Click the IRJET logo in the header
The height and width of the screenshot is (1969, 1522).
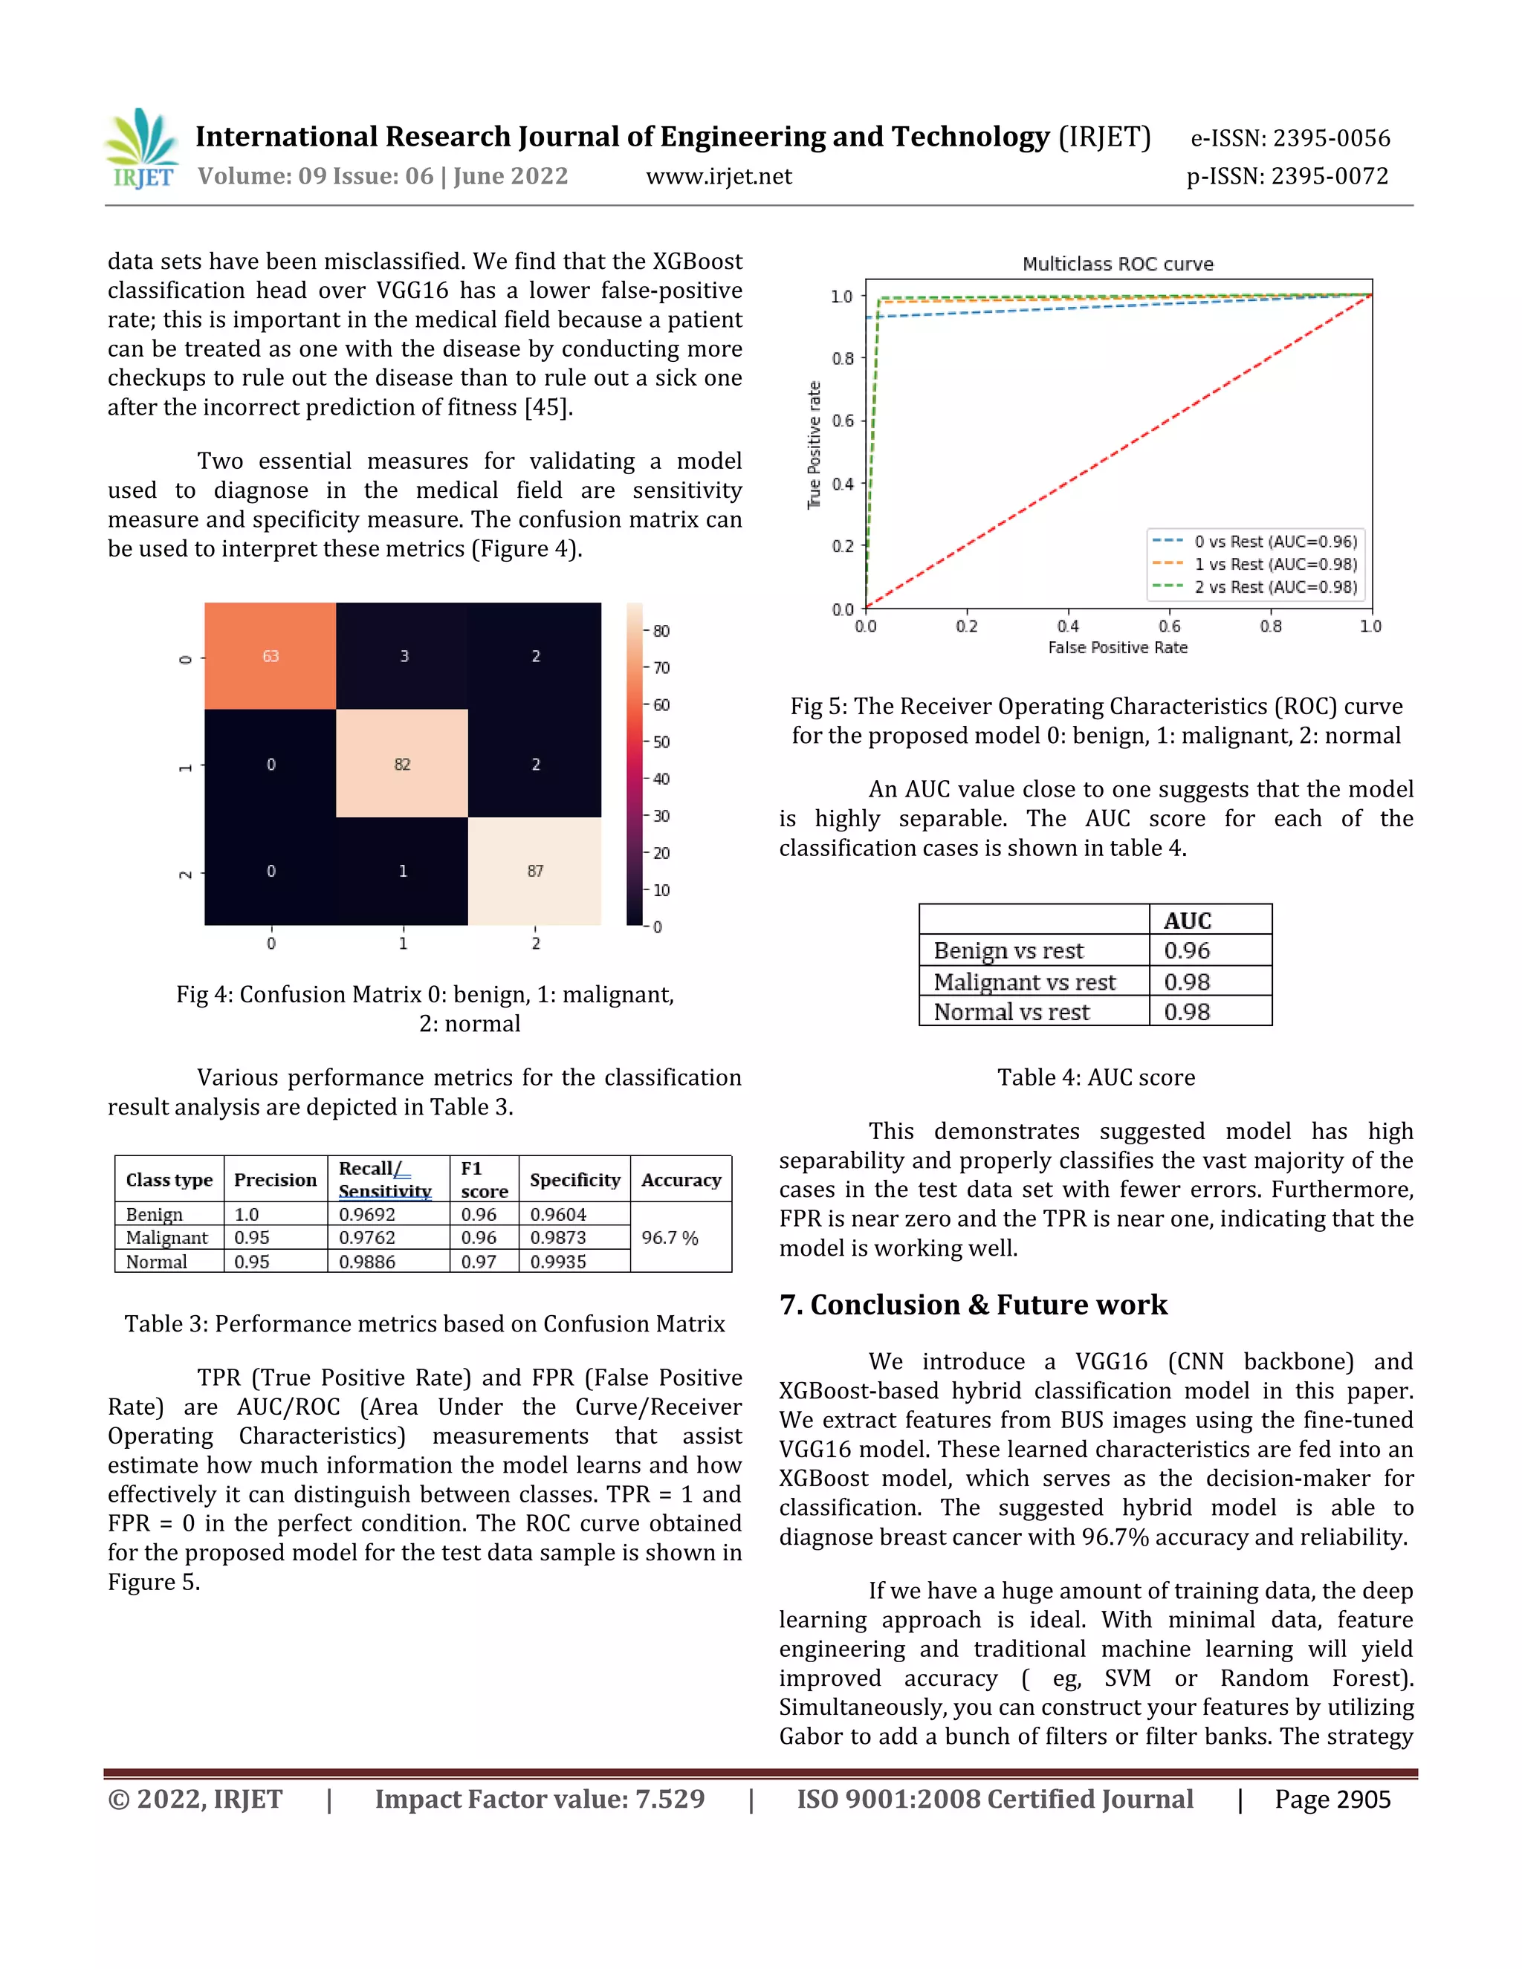(141, 149)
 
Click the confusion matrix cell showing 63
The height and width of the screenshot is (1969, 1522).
(270, 655)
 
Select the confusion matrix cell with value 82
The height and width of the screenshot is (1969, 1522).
(402, 764)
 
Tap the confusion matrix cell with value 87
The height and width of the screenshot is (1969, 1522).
(534, 871)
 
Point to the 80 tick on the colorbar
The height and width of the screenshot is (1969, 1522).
(661, 631)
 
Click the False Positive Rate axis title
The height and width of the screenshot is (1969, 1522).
(1117, 647)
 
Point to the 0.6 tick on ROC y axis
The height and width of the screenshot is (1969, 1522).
(842, 421)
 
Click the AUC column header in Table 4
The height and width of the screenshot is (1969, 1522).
(1187, 921)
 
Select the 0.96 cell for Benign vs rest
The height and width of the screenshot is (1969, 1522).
(1187, 950)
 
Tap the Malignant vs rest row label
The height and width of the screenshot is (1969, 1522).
(1024, 982)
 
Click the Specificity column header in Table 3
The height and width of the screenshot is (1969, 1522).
(574, 1179)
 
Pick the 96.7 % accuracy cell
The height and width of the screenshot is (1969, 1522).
(670, 1238)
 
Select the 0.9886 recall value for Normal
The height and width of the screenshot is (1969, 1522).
(367, 1262)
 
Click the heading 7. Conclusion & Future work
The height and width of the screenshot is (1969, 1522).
(973, 1305)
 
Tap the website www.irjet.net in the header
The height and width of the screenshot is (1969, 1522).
(719, 176)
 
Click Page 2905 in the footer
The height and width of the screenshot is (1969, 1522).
(1332, 1800)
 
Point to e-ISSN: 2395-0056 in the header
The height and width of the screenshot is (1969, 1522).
(1289, 138)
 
